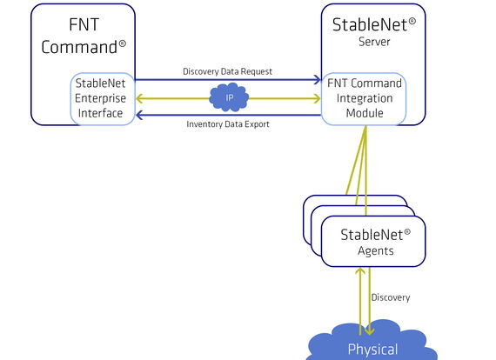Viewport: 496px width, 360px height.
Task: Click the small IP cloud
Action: (x=229, y=97)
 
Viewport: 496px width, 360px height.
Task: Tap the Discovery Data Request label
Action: (x=227, y=72)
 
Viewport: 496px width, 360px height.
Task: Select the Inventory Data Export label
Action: (x=228, y=124)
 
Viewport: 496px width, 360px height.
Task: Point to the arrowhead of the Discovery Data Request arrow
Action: (x=317, y=80)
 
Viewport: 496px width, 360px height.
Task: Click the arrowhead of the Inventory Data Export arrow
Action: (x=140, y=115)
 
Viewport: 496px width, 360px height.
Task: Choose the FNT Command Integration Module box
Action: (x=364, y=99)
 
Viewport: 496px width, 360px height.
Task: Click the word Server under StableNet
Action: (x=374, y=42)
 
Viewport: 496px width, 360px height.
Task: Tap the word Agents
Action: (x=376, y=251)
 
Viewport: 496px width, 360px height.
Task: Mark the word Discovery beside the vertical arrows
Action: (x=391, y=297)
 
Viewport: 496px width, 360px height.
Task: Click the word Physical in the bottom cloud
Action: (x=372, y=350)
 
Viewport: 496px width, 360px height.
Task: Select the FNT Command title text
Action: (x=84, y=36)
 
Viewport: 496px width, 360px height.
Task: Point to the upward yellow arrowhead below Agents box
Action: (x=360, y=271)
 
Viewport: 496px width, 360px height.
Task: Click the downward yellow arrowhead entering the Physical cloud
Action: (x=370, y=330)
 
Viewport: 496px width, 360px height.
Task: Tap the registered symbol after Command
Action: (x=122, y=43)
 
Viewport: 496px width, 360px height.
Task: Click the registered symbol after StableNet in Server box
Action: (x=412, y=22)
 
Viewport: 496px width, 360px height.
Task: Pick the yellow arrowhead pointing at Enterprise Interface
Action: (x=140, y=98)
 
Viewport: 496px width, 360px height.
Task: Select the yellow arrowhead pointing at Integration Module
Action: (x=317, y=98)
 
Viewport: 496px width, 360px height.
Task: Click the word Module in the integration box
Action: (x=365, y=113)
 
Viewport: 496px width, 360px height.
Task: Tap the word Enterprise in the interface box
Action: (x=100, y=98)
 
